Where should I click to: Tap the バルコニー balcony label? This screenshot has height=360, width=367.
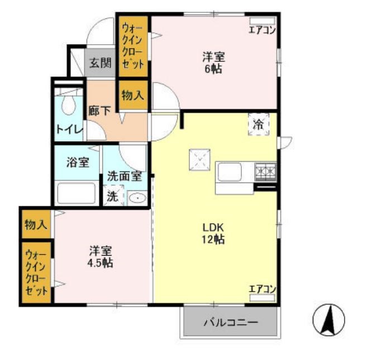(x=230, y=323)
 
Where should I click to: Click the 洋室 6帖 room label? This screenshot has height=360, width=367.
(x=213, y=61)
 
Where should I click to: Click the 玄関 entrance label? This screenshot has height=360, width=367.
(x=100, y=63)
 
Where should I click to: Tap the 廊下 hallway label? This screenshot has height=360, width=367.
(x=99, y=110)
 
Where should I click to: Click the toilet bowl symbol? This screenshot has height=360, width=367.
(x=69, y=104)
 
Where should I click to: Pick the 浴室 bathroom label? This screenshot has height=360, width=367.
(x=78, y=163)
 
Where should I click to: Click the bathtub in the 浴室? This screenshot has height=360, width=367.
(x=78, y=192)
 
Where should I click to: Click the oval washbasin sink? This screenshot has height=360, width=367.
(x=137, y=197)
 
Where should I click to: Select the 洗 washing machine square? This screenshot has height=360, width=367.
(x=113, y=196)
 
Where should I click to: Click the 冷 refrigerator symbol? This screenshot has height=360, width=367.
(x=258, y=124)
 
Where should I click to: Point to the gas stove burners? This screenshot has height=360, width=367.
(x=265, y=171)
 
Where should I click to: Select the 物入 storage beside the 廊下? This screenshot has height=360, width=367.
(x=132, y=96)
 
